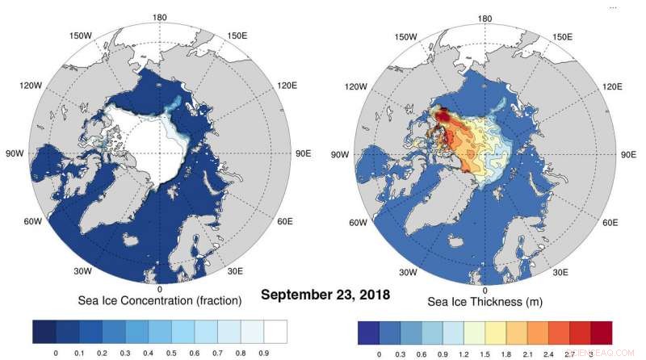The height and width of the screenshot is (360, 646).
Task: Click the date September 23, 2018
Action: click(x=325, y=295)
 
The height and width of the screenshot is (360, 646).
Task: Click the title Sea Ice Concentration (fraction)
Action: click(x=160, y=301)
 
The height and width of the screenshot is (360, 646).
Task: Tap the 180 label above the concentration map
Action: click(x=160, y=18)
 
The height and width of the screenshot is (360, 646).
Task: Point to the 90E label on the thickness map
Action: click(x=626, y=153)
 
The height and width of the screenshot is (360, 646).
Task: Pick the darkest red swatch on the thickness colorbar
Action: click(x=601, y=333)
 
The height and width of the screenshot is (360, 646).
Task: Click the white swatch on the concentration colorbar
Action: click(x=276, y=333)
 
